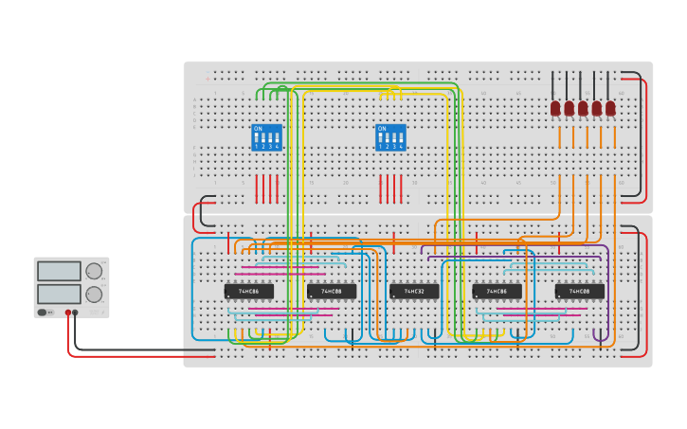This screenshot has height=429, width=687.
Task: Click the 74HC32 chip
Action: pyautogui.click(x=414, y=292)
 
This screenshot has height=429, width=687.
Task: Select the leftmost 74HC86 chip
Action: pyautogui.click(x=248, y=292)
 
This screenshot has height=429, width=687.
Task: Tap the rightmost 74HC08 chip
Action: pyautogui.click(x=579, y=292)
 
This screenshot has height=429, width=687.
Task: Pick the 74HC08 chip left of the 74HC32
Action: pyautogui.click(x=331, y=292)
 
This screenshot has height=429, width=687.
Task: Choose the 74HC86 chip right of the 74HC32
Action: pyautogui.click(x=497, y=292)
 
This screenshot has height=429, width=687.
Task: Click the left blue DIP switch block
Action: pyautogui.click(x=266, y=137)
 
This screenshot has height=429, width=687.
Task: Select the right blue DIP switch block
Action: pyautogui.click(x=390, y=137)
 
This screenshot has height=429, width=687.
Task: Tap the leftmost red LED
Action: pyautogui.click(x=555, y=109)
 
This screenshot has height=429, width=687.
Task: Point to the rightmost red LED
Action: pyautogui.click(x=610, y=109)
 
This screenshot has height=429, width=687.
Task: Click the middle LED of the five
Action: pyautogui.click(x=583, y=109)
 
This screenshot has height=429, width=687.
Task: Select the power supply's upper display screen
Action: pyautogui.click(x=59, y=272)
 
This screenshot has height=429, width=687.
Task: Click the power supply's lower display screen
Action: pyautogui.click(x=59, y=294)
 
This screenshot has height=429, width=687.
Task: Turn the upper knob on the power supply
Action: pyautogui.click(x=94, y=272)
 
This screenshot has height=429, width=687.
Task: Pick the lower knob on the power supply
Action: pyautogui.click(x=94, y=295)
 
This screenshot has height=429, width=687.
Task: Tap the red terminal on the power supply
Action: pyautogui.click(x=68, y=312)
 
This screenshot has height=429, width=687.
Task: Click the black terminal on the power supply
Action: pyautogui.click(x=76, y=312)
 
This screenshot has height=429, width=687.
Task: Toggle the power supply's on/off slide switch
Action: pyautogui.click(x=43, y=312)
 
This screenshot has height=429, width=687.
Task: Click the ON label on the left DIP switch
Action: pyautogui.click(x=258, y=128)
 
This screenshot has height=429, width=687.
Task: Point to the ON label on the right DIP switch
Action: pyautogui.click(x=382, y=128)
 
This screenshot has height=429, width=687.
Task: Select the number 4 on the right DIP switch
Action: pyautogui.click(x=401, y=147)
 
